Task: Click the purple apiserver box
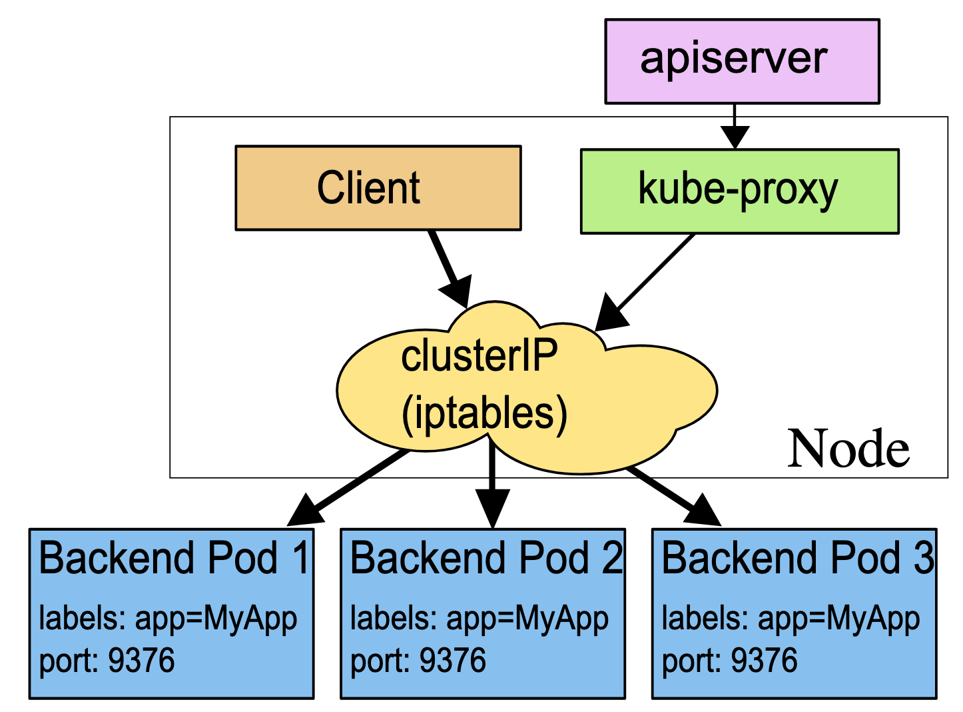[742, 61]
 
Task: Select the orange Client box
[378, 187]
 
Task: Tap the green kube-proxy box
[739, 191]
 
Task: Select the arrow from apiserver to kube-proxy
[734, 126]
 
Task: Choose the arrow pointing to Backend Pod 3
[673, 496]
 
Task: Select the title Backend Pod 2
[486, 558]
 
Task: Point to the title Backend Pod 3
[797, 558]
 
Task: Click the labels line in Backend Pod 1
[168, 619]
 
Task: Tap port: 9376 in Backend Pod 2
[418, 660]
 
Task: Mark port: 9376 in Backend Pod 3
[729, 660]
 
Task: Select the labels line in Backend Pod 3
[791, 619]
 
